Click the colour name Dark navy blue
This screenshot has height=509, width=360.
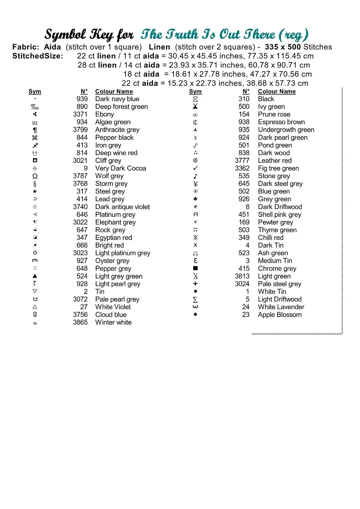117,99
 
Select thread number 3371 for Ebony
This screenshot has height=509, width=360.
80,114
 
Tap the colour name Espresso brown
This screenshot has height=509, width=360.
281,122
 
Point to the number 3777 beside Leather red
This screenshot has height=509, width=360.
242,161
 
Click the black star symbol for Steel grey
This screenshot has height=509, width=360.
35,191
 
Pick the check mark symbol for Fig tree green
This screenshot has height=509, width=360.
195,168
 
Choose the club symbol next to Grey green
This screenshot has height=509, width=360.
195,199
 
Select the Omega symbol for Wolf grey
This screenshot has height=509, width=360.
35,176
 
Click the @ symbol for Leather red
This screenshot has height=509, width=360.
195,160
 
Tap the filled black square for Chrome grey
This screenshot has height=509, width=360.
195,268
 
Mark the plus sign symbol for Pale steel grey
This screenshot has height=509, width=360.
195,284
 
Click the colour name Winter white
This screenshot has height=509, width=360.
113,322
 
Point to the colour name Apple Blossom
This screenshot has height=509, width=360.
280,315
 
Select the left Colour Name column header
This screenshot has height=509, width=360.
114,92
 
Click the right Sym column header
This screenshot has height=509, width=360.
195,92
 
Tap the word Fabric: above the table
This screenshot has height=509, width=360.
26,47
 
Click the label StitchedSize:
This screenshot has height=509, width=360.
38,56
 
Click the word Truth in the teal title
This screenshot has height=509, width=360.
182,35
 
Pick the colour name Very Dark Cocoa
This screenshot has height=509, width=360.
121,168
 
